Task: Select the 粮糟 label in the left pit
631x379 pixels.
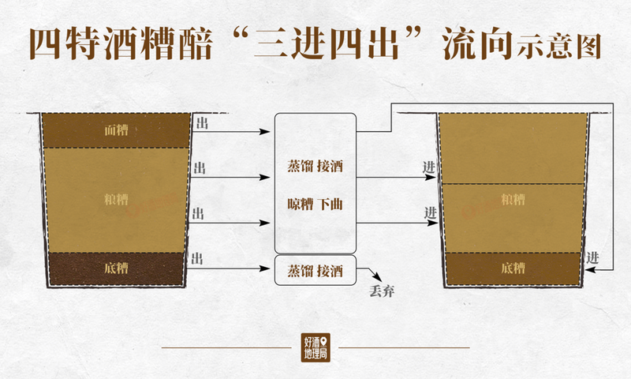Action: click(x=116, y=199)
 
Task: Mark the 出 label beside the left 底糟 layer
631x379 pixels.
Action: click(x=199, y=259)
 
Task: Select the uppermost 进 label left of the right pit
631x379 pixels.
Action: click(x=429, y=167)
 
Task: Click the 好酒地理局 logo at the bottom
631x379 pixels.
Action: click(x=315, y=347)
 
